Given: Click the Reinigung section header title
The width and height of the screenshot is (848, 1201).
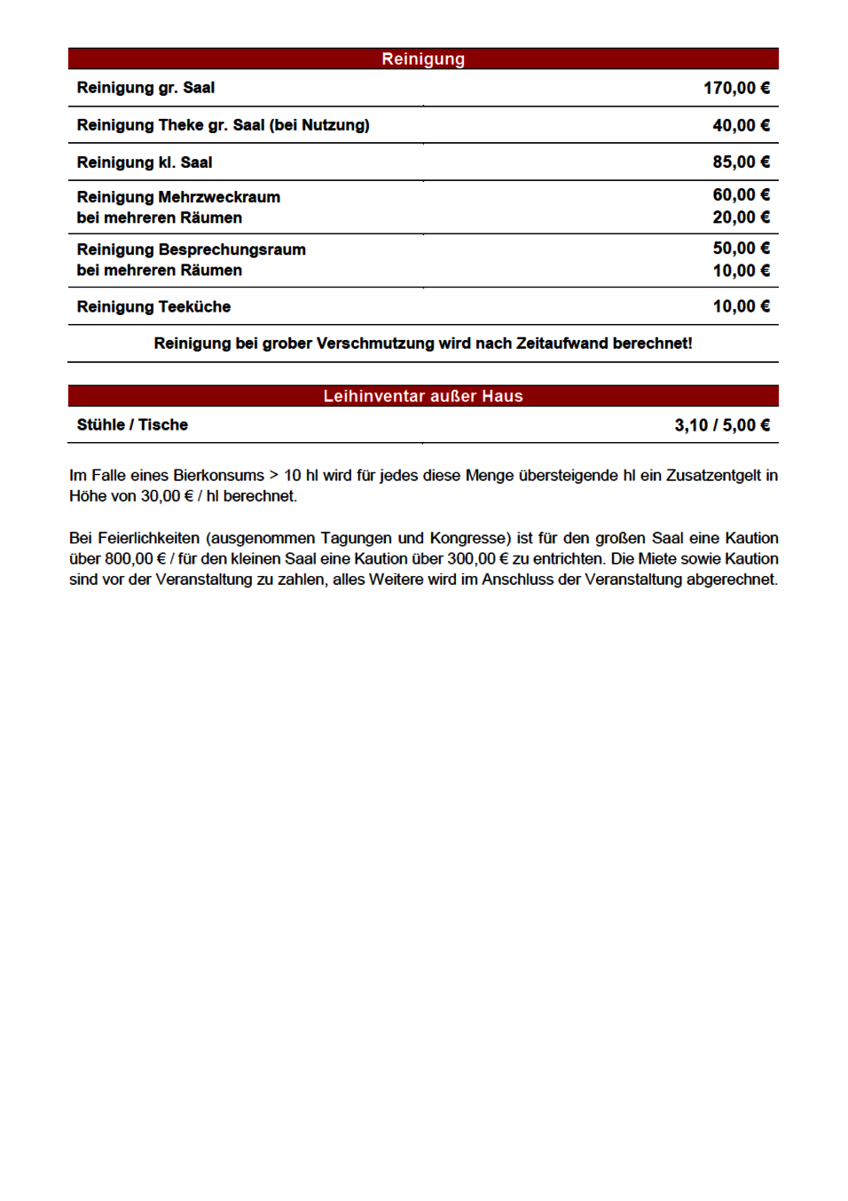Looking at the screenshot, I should pos(423,59).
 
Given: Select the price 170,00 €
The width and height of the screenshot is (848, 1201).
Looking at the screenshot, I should pos(736,88).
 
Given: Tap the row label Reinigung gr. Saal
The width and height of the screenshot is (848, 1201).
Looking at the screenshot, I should pos(145,88).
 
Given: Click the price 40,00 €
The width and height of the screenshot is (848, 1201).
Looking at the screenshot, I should pos(741,125).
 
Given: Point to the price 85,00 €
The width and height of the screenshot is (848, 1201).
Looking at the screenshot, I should pos(741,162).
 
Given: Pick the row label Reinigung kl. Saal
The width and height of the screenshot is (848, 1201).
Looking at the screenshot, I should pos(145,162).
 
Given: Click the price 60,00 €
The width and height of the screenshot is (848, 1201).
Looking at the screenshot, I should pos(741,195).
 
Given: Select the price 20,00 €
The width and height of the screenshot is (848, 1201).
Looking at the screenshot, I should pos(741,217).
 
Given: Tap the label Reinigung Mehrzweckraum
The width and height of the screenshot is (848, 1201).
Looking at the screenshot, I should pos(178,197).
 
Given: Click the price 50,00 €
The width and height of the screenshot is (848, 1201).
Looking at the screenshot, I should pos(741,249).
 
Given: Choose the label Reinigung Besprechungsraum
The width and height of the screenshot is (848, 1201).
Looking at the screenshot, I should pos(191,249).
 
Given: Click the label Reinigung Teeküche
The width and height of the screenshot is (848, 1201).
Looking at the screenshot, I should pos(153,307).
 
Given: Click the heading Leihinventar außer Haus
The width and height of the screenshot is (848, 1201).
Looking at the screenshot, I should pos(423,397).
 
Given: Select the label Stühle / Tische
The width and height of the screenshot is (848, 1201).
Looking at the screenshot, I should pos(132,425).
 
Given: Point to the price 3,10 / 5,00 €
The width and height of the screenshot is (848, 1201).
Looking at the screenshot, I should pos(722,425).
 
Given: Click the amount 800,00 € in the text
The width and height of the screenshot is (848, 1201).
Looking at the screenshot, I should pos(136,559).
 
